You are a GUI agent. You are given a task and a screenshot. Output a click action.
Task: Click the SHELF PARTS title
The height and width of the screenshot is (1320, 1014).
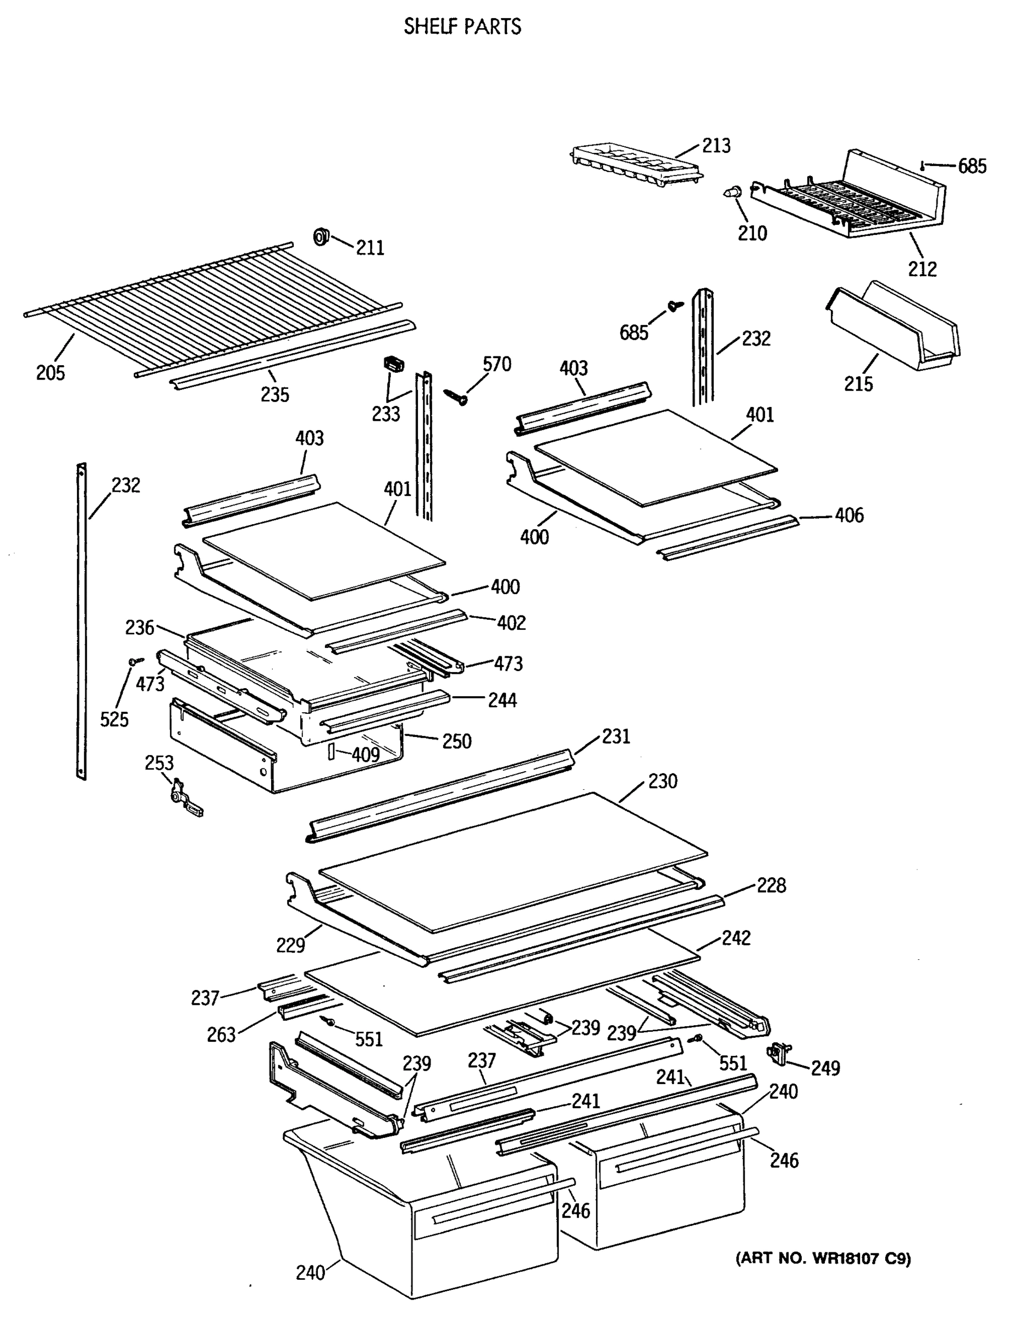462,26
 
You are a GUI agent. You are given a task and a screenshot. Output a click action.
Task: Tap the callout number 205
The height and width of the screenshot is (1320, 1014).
50,372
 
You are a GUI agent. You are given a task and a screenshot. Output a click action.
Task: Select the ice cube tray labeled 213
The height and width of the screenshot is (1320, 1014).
637,163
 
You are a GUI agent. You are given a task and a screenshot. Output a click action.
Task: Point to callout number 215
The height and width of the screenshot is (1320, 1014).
858,383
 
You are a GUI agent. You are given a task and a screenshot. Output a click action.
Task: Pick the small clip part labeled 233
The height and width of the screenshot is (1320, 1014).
394,365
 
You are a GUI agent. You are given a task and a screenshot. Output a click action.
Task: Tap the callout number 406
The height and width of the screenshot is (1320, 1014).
848,515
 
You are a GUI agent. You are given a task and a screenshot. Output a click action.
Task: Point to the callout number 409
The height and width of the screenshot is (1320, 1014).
365,755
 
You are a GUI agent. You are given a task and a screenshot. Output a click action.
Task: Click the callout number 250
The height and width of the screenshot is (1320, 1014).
456,741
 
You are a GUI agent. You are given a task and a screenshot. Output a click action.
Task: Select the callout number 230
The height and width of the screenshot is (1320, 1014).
662,781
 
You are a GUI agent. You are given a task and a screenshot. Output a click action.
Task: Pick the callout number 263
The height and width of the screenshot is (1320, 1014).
221,1035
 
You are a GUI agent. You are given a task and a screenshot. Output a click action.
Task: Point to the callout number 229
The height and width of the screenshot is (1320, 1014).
290,944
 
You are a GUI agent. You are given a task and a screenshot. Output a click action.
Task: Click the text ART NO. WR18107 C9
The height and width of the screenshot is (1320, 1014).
823,1258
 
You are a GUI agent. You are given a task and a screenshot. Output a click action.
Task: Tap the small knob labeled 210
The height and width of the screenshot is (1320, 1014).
732,193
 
